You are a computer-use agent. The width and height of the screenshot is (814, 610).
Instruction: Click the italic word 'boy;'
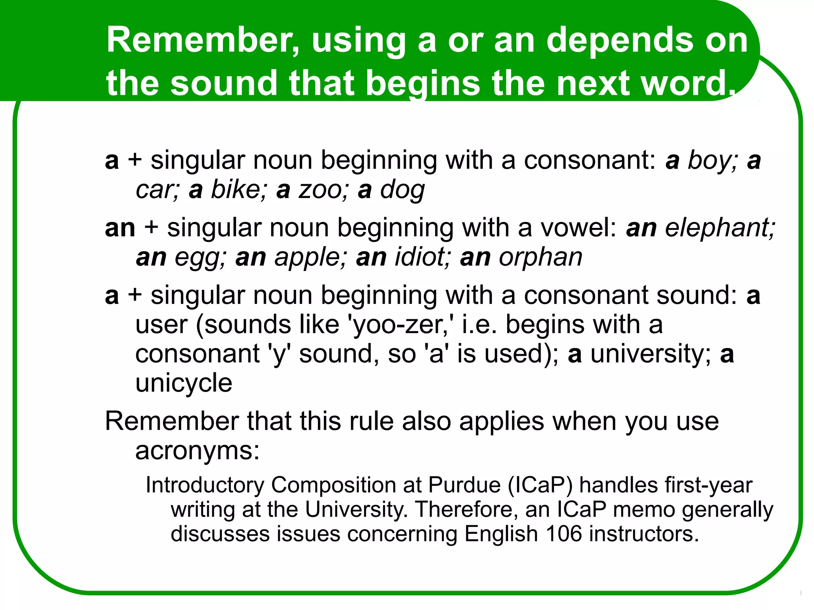[712, 161]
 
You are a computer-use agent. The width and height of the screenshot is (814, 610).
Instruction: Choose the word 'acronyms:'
[198, 451]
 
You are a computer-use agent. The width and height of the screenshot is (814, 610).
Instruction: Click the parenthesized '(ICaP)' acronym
[540, 485]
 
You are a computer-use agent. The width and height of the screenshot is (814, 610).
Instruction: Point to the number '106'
[564, 534]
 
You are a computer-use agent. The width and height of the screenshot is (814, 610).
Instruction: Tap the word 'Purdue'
[464, 485]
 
